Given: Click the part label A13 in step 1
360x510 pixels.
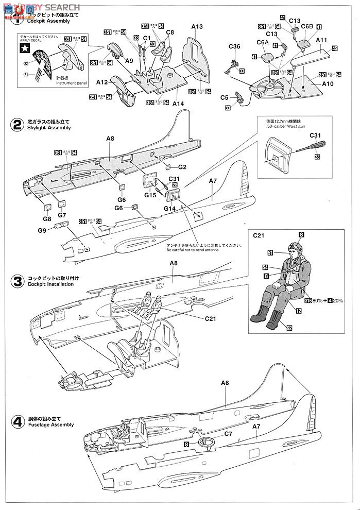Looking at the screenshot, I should (197, 27).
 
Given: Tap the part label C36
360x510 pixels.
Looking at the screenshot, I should (234, 47).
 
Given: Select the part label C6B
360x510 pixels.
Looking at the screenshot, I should (307, 26).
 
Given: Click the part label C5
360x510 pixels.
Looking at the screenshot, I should (225, 97).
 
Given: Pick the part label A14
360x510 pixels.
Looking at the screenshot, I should (178, 104).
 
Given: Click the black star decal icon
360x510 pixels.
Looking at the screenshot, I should (24, 49).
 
